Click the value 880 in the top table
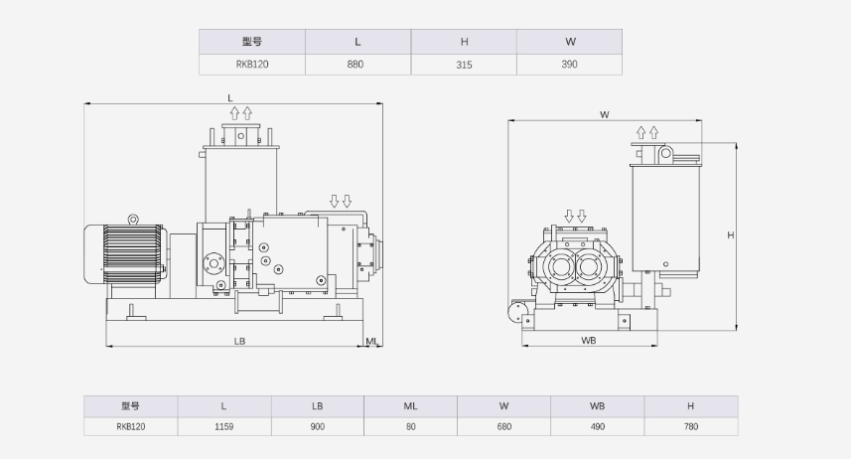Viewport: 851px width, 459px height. click(355, 65)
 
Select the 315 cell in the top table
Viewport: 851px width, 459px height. click(464, 65)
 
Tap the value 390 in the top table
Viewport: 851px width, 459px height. click(569, 65)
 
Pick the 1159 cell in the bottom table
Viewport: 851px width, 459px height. click(223, 426)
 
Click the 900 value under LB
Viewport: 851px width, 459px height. click(318, 426)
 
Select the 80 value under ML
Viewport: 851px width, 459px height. click(411, 426)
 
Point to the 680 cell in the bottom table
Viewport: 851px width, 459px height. click(504, 426)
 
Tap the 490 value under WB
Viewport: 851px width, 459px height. click(598, 426)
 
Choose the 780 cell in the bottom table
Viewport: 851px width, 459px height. click(691, 426)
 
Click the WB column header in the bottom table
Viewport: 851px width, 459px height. click(598, 405)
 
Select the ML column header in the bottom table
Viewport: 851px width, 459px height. click(411, 405)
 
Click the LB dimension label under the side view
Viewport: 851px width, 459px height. click(239, 341)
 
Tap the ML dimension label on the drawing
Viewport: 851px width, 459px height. click(371, 341)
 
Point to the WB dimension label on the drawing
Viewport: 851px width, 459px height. click(589, 341)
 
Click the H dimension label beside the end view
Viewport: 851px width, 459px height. click(731, 235)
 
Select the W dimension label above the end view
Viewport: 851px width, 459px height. click(605, 114)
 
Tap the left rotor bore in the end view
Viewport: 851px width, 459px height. click(559, 266)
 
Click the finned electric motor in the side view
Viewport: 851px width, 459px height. click(126, 254)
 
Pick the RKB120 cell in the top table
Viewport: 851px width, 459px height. click(252, 65)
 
